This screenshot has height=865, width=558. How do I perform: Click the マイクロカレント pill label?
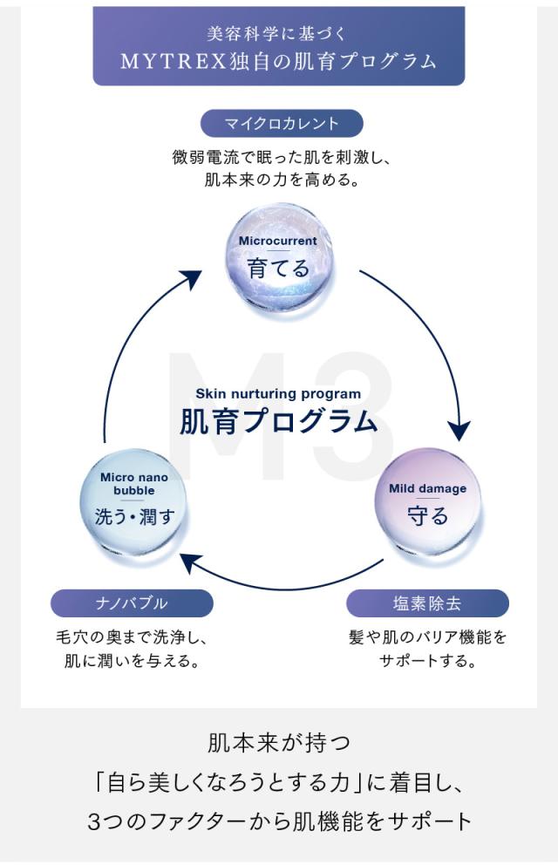pyautogui.click(x=281, y=123)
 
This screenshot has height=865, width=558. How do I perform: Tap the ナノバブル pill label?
pyautogui.click(x=132, y=603)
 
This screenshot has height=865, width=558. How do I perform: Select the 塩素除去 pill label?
pyautogui.click(x=427, y=603)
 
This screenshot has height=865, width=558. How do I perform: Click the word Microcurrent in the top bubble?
pyautogui.click(x=278, y=241)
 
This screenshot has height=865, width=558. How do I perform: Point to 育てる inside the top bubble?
pyautogui.click(x=278, y=268)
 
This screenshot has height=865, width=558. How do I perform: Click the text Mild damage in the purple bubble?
pyautogui.click(x=427, y=488)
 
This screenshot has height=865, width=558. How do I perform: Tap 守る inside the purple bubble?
pyautogui.click(x=427, y=515)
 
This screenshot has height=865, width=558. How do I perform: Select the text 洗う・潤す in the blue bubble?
pyautogui.click(x=134, y=516)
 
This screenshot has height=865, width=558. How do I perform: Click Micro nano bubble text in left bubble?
pyautogui.click(x=134, y=484)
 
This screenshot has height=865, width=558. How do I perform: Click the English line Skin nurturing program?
pyautogui.click(x=278, y=393)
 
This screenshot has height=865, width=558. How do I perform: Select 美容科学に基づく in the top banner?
pyautogui.click(x=278, y=34)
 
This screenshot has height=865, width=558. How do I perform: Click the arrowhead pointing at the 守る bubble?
pyautogui.click(x=459, y=431)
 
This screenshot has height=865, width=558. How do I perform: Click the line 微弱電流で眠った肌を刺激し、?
pyautogui.click(x=278, y=160)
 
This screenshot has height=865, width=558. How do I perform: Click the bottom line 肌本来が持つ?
pyautogui.click(x=279, y=744)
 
